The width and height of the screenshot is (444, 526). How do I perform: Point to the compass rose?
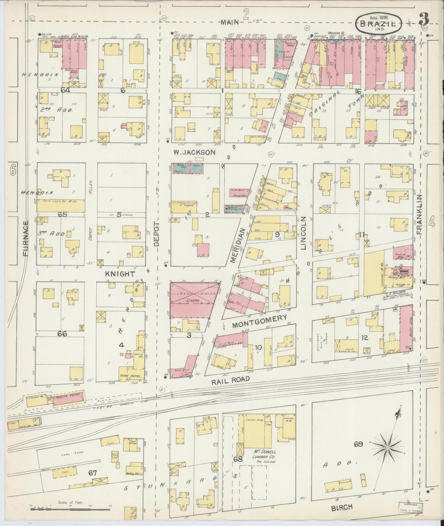387,448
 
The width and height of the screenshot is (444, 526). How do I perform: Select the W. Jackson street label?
194,152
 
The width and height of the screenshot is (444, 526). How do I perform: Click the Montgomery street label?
260,321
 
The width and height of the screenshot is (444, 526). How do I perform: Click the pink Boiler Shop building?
405,329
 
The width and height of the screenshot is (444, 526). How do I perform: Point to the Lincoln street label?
303,233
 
